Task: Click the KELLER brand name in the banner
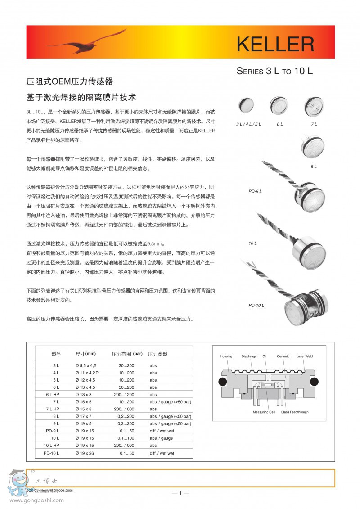(275, 44)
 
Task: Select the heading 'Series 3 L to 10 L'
(274, 71)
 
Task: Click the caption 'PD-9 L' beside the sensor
(255, 191)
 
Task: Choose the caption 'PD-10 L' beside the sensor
(256, 306)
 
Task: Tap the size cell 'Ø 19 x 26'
(85, 453)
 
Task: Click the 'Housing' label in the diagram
(226, 356)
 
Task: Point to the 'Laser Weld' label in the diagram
(304, 356)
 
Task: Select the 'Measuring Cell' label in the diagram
(264, 412)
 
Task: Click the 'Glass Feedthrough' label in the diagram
(295, 412)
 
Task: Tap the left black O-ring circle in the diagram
(221, 382)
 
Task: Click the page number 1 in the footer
(180, 493)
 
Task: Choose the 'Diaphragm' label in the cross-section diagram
(249, 356)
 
